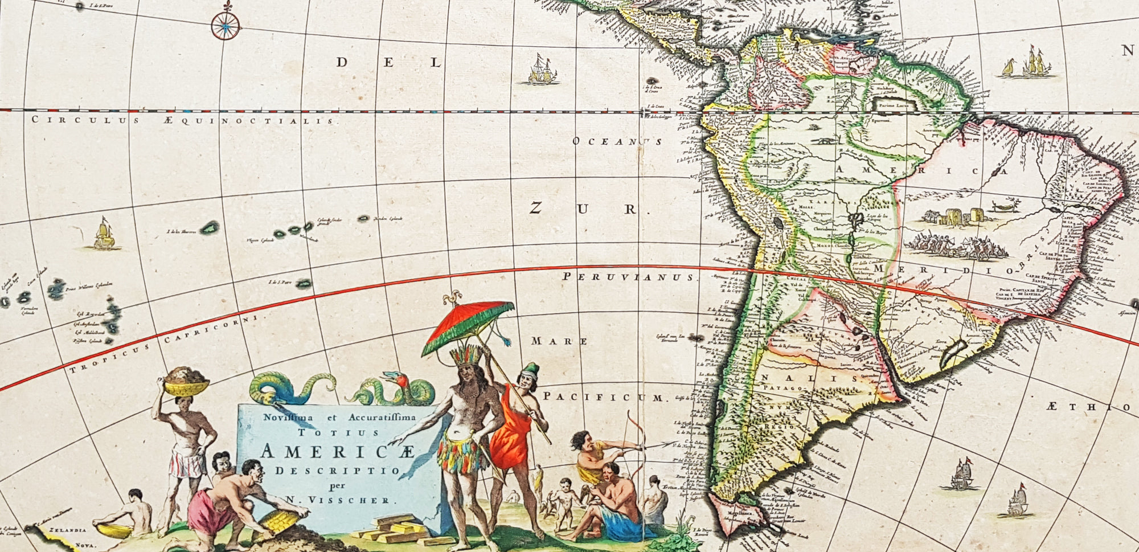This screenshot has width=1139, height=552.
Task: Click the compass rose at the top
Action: point(226,26)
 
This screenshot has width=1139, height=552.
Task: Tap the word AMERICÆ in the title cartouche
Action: point(338,452)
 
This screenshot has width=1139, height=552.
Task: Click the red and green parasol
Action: point(468,324)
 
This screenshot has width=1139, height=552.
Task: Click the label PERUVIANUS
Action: point(629,277)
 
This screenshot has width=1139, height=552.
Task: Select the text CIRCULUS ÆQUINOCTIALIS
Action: point(182,120)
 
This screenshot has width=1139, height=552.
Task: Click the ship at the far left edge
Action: point(104,235)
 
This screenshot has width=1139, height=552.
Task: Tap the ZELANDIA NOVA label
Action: point(68,537)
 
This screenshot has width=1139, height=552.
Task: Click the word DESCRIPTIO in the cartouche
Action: point(338,471)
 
